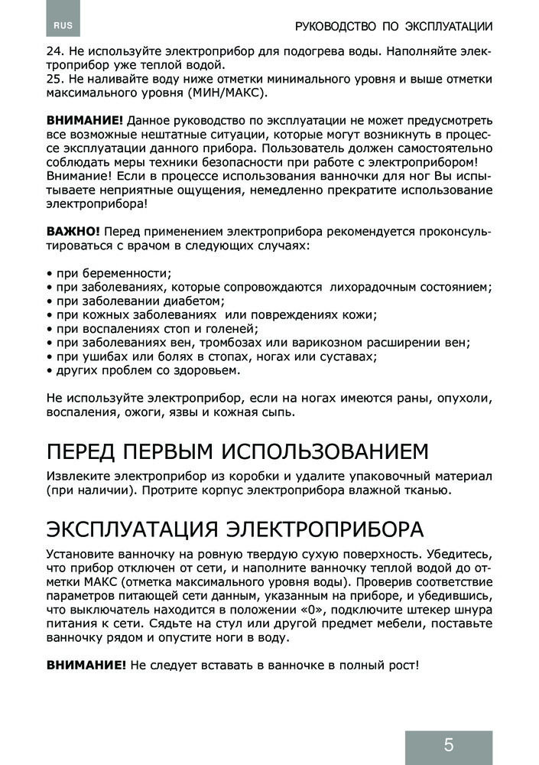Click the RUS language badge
(x=63, y=26)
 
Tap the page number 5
(x=448, y=745)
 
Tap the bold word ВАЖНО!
(x=73, y=232)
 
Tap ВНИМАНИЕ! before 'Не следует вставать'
(x=86, y=666)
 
